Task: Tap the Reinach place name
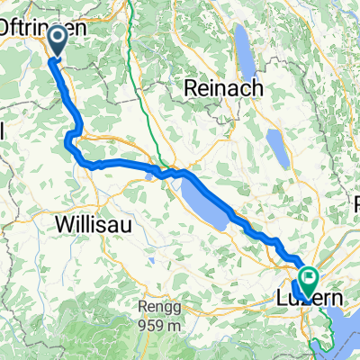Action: click(x=222, y=88)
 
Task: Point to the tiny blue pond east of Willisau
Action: click(x=149, y=175)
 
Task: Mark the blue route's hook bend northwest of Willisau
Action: click(x=68, y=137)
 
